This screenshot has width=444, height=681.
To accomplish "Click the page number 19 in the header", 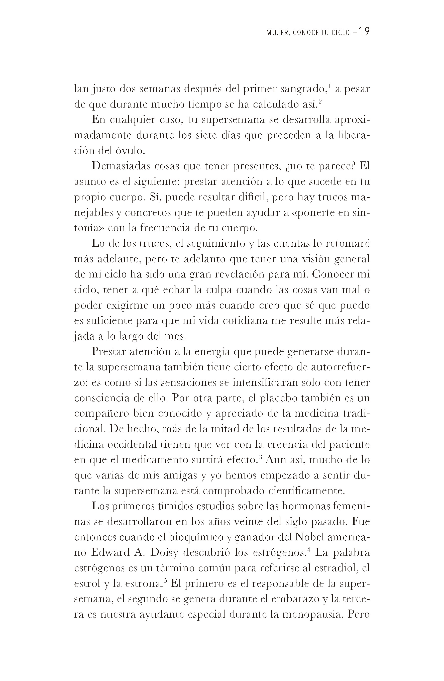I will pos(364,32).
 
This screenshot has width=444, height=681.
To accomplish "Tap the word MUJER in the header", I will pos(274,33).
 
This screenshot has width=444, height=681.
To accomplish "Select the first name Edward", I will pos(110,552).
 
